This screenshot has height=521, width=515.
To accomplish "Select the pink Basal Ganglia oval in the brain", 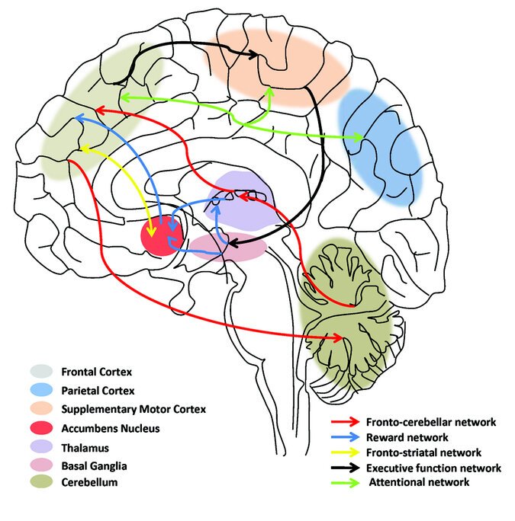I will [x=228, y=248].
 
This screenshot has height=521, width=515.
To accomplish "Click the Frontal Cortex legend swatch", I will [x=43, y=372].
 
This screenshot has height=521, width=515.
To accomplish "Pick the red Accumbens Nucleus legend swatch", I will [x=43, y=427].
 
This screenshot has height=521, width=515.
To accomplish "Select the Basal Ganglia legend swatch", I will [x=43, y=465].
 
